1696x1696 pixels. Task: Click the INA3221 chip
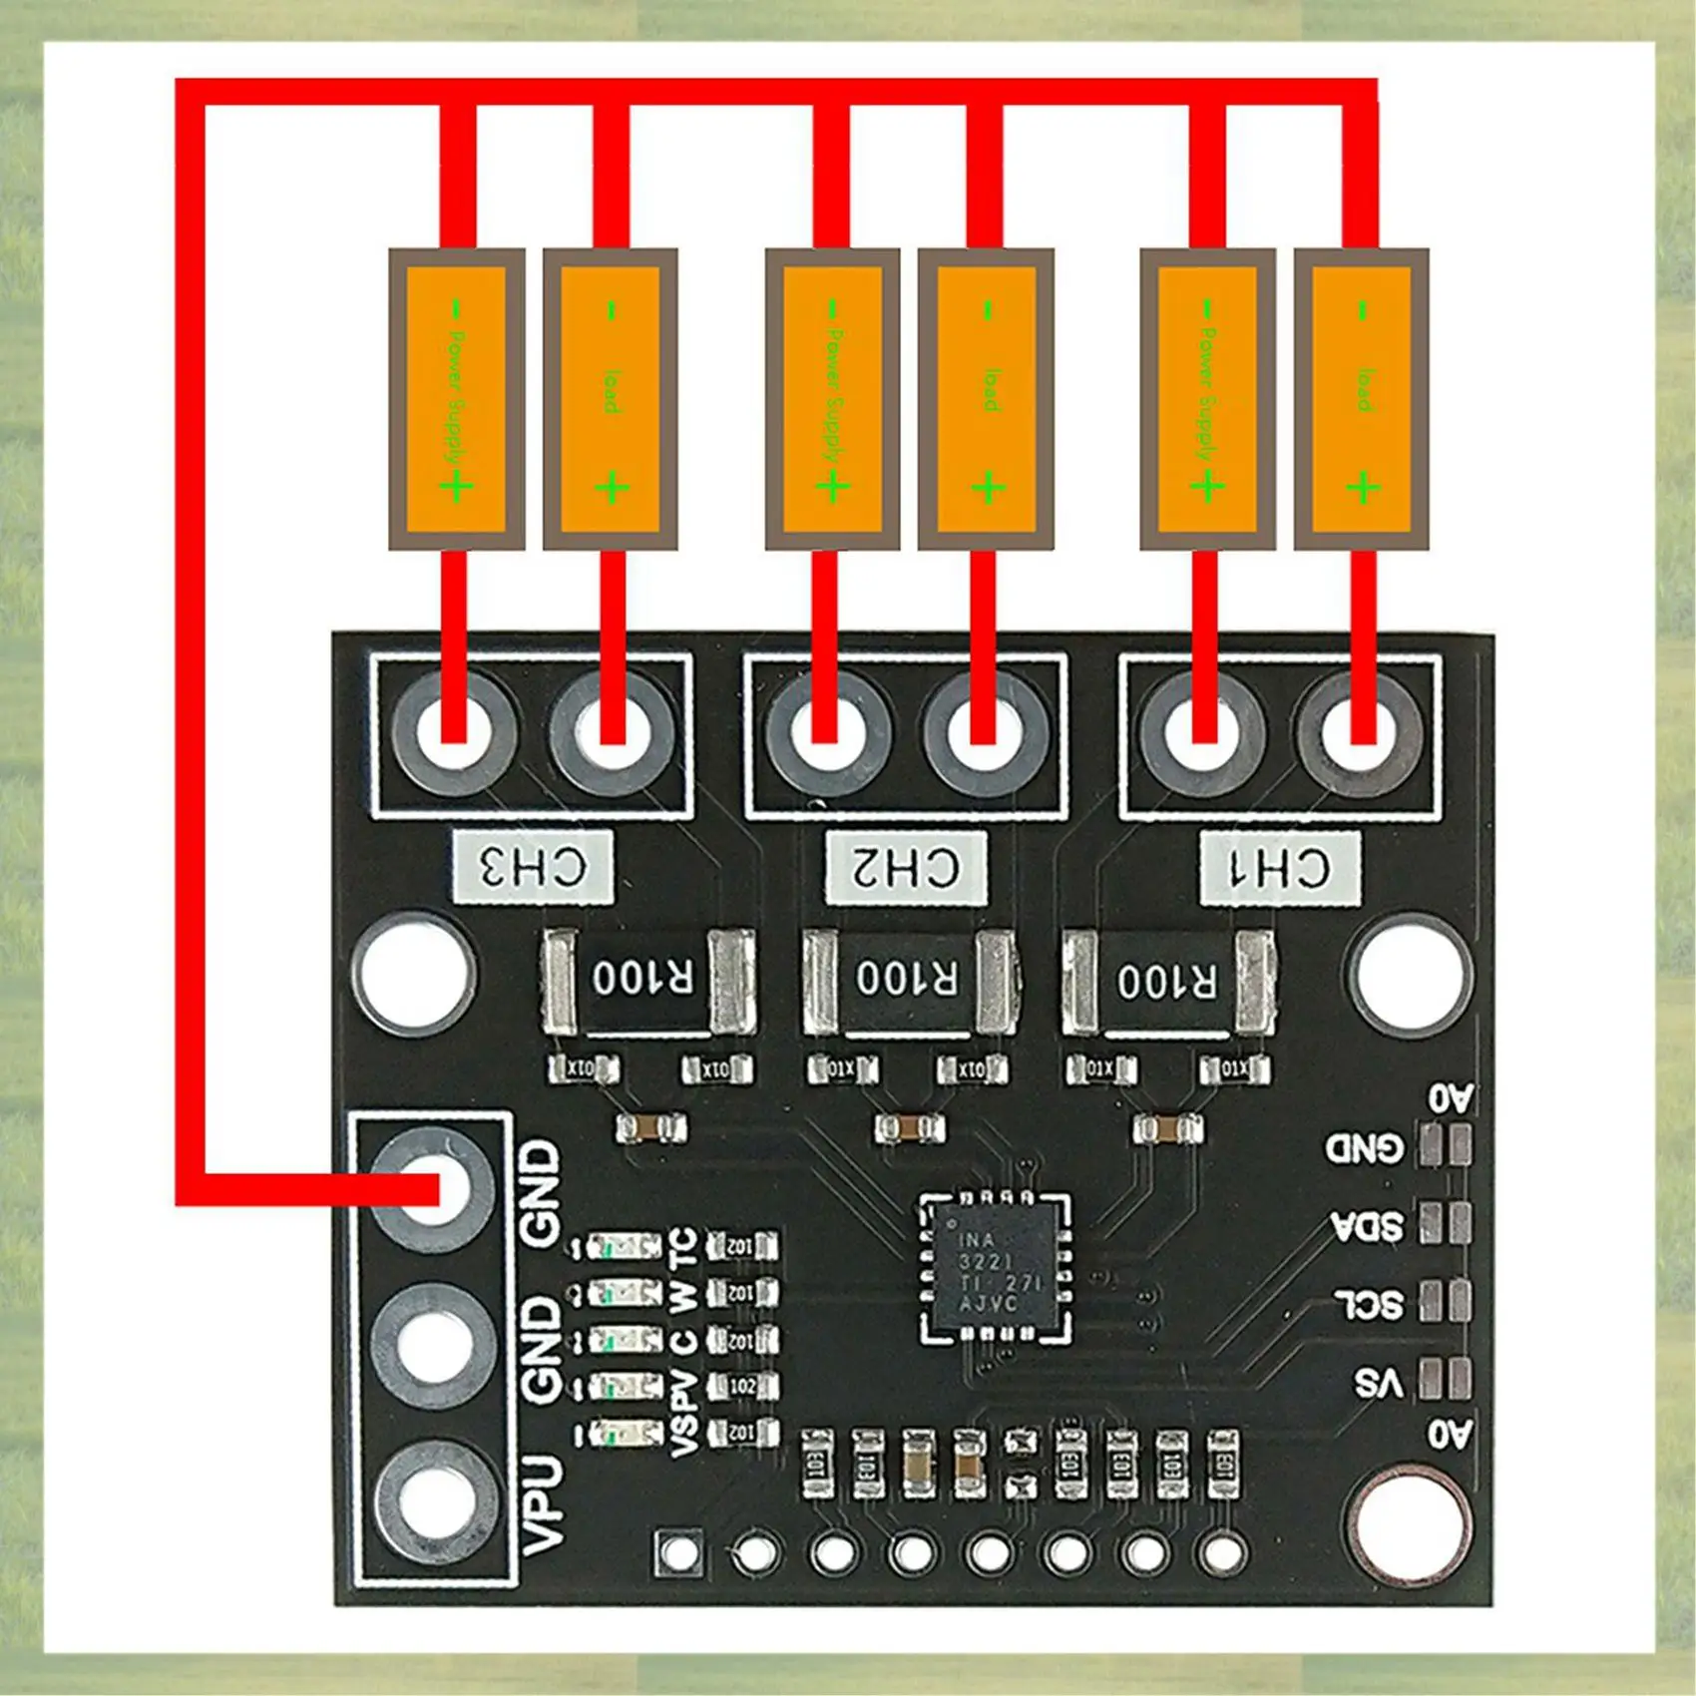coord(997,1268)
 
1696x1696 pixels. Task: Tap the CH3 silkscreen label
coord(533,867)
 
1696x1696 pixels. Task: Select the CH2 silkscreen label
coord(906,867)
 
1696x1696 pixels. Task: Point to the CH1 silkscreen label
coord(1280,867)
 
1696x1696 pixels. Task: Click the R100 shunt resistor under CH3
coord(644,980)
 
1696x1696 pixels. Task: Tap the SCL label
coord(1369,1303)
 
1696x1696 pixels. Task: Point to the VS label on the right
coord(1378,1383)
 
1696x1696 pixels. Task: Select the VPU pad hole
coord(434,1502)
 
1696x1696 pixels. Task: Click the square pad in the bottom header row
coord(678,1552)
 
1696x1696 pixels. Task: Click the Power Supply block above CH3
coord(456,399)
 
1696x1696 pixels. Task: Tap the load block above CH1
coord(1362,399)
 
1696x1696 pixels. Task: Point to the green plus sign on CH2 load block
coord(989,488)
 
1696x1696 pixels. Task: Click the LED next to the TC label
coord(625,1247)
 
